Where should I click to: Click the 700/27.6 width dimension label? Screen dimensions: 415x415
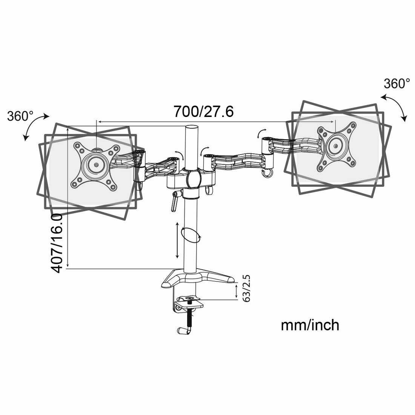203,111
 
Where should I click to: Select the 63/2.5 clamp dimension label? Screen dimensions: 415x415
247,289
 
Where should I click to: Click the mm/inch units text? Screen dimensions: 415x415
310,325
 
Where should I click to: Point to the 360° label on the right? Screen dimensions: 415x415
397,83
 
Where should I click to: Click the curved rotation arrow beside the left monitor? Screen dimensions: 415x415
35,126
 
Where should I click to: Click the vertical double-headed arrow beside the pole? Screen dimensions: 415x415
177,240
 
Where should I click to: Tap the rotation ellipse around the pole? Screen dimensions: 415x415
191,235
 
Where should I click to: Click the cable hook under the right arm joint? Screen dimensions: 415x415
267,173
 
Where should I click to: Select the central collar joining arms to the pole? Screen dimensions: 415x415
192,178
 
